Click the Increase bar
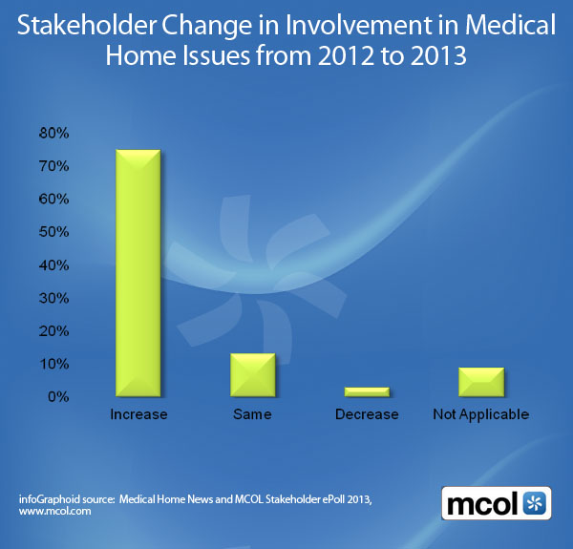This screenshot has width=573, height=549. click(138, 273)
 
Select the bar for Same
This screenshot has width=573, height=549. click(252, 374)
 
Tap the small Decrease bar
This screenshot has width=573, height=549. click(367, 391)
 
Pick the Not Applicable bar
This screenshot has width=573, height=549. click(481, 381)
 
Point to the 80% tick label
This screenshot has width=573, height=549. click(52, 134)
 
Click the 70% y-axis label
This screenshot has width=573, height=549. click(52, 166)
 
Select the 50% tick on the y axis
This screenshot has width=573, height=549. click(52, 232)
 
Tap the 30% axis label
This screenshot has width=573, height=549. click(52, 298)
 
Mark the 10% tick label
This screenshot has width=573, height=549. click(52, 364)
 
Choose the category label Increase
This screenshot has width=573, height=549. click(138, 414)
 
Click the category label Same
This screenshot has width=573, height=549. click(252, 414)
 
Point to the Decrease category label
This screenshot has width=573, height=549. click(367, 414)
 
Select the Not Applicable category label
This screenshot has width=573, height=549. click(480, 414)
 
